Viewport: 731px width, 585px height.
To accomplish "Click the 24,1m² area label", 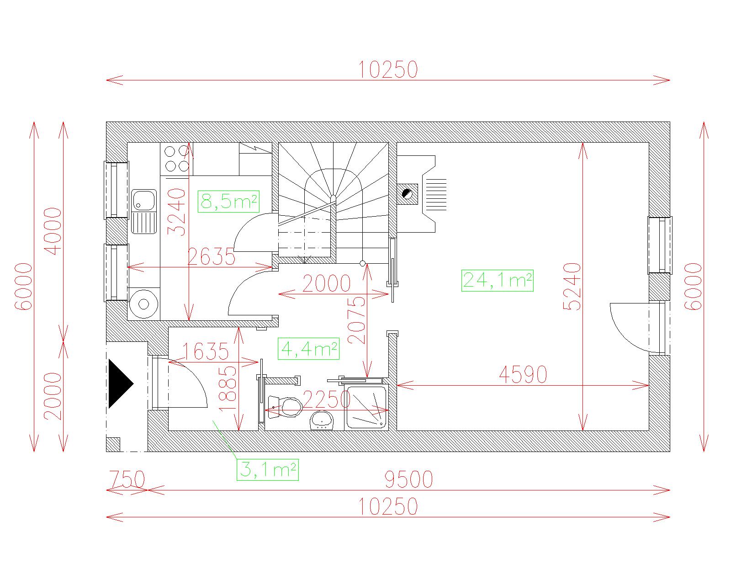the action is (x=497, y=281).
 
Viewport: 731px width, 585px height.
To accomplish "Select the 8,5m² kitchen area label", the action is (x=228, y=202).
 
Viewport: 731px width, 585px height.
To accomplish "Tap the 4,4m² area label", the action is (x=308, y=348).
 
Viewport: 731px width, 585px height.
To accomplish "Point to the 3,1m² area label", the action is (x=268, y=470).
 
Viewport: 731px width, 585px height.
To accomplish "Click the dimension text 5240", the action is (x=572, y=287).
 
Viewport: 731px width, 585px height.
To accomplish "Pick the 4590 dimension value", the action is (x=523, y=375).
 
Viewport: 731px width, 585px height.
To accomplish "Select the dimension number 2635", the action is (x=211, y=257).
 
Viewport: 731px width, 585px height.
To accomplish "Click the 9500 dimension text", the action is (x=408, y=479).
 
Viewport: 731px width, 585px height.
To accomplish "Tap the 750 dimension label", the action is (x=127, y=479).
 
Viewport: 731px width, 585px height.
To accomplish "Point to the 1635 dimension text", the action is (x=206, y=351).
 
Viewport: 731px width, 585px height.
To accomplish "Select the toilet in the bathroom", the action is (x=286, y=407).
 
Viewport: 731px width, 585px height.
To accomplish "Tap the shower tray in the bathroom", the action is (x=366, y=408).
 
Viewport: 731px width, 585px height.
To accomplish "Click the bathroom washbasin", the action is (x=321, y=420).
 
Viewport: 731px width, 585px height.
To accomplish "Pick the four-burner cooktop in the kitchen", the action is (x=177, y=159).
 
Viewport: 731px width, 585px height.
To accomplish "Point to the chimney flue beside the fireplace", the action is (x=407, y=194).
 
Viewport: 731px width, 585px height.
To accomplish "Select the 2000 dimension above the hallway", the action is (x=326, y=283).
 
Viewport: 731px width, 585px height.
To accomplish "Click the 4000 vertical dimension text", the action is (x=53, y=231).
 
